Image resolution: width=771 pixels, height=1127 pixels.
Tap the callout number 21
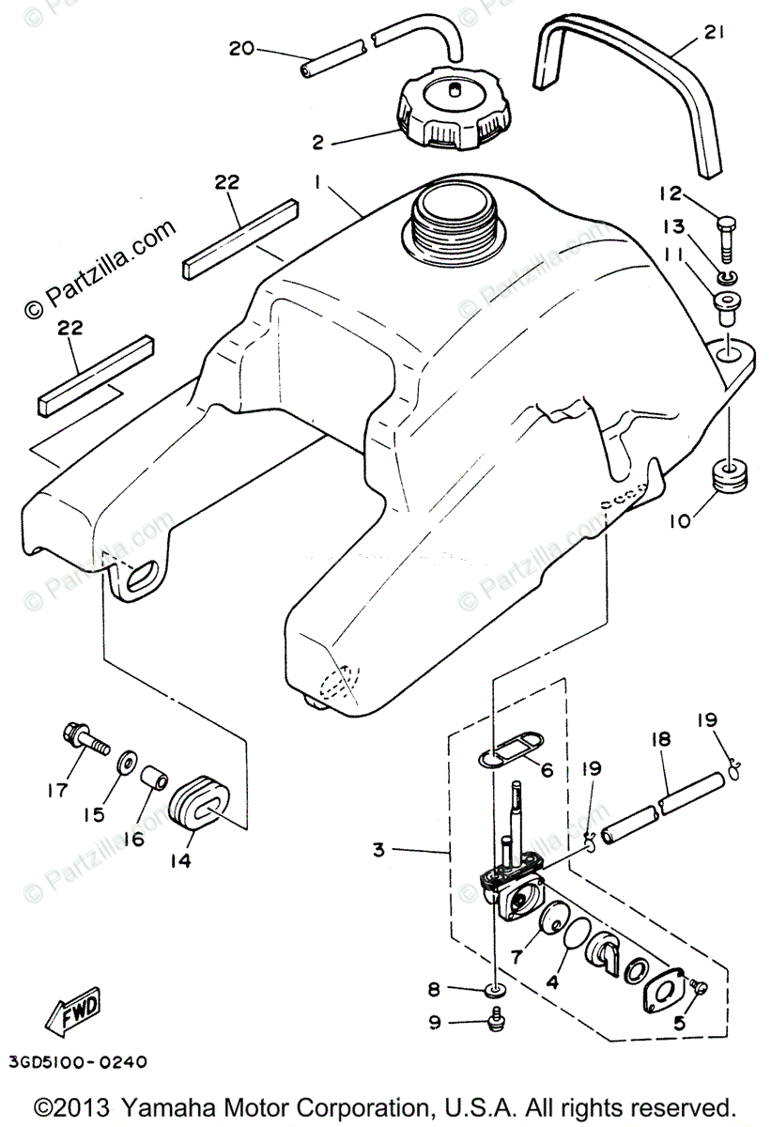click(715, 39)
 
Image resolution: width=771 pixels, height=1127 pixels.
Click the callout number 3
click(378, 851)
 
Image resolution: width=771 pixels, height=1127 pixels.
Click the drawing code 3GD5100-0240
click(75, 1062)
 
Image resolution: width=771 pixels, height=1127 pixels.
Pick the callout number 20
click(241, 48)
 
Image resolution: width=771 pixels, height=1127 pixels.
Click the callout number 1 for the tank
click(318, 186)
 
